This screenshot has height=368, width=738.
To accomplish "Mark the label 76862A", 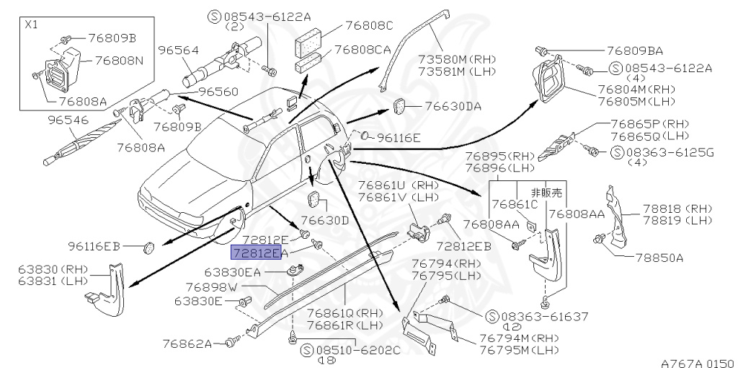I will [187, 343].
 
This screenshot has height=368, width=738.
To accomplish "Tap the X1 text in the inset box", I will [33, 24].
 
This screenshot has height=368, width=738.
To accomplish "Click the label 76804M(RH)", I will [633, 88].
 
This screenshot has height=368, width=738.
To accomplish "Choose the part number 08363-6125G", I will [670, 152].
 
